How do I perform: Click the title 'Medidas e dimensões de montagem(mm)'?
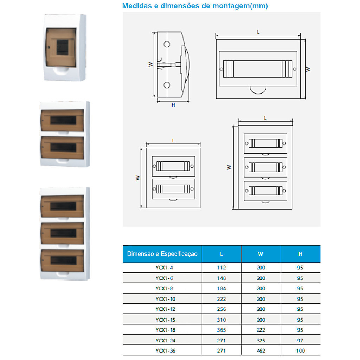tap(195, 6)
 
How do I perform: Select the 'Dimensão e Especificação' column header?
tap(162, 254)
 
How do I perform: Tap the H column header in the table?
tap(300, 254)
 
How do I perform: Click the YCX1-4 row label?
tap(164, 268)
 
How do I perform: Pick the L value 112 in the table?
tap(221, 268)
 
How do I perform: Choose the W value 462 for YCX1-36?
tap(261, 351)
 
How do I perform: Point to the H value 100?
tap(300, 351)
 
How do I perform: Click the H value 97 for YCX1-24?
tap(300, 340)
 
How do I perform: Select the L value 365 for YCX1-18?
tap(221, 330)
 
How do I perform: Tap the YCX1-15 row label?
tap(165, 320)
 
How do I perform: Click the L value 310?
tap(221, 320)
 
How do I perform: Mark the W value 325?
tap(261, 340)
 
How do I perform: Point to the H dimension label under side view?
tap(173, 105)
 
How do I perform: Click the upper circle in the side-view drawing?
tap(167, 44)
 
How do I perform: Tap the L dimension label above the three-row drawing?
tap(265, 118)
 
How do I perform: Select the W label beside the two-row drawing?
tap(137, 178)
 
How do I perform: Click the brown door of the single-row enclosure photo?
tap(61, 47)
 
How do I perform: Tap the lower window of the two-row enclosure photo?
tap(63, 148)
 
